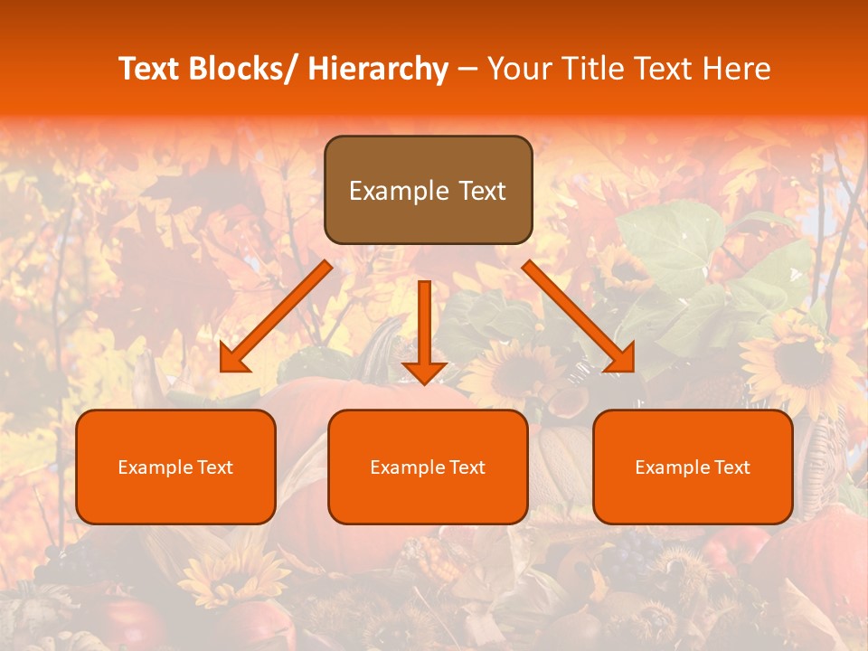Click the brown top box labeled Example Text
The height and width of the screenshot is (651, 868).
428,190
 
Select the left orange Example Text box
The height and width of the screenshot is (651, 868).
175,467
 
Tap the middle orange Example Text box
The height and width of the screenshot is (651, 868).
428,467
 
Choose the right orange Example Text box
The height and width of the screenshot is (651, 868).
693,467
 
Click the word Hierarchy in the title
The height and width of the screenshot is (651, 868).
377,69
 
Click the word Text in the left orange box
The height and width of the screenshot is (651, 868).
217,467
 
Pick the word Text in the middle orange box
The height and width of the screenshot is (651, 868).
468,467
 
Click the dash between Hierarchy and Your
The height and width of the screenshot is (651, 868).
467,69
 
